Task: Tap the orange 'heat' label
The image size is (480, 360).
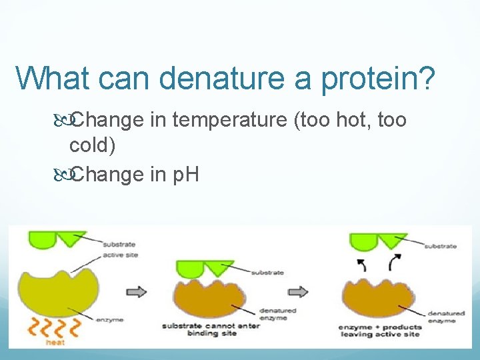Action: pyautogui.click(x=55, y=342)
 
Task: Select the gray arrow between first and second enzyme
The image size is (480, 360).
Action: pyautogui.click(x=137, y=291)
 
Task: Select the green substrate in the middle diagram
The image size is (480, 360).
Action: pyautogui.click(x=204, y=268)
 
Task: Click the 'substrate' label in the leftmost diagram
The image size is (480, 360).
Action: pyautogui.click(x=118, y=245)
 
